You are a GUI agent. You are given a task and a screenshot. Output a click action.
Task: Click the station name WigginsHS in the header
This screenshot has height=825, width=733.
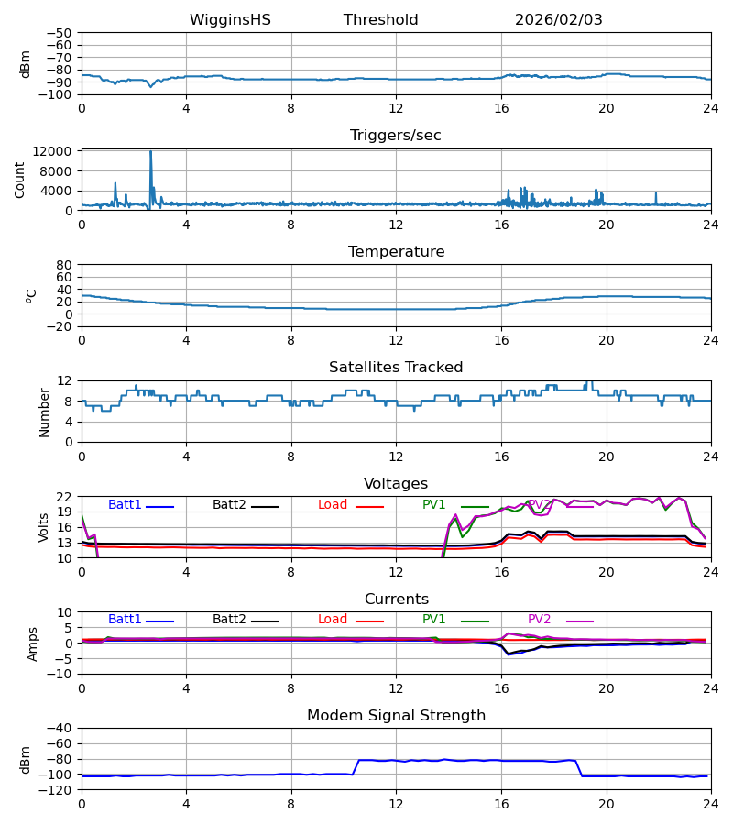230,20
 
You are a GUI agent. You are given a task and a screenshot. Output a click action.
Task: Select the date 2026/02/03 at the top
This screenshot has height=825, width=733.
558,20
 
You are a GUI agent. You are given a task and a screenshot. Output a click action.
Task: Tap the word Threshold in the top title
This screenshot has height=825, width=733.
380,20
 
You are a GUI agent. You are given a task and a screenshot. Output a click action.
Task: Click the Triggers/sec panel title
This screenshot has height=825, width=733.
396,136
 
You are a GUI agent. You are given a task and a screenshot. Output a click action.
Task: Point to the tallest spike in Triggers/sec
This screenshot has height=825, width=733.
150,153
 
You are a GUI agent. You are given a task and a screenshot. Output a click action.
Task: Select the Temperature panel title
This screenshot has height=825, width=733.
396,252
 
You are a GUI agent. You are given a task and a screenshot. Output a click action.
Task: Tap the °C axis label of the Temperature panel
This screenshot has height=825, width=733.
31,295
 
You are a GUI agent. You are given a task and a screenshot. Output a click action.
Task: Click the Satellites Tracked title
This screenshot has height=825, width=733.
396,368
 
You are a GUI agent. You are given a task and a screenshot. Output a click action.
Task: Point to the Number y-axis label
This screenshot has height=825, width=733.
45,412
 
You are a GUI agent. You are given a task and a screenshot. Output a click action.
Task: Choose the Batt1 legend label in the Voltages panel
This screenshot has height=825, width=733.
125,505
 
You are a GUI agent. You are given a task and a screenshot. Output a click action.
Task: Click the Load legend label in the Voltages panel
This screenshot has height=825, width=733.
333,505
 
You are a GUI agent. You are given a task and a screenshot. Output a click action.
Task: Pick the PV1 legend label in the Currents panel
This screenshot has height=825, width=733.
434,620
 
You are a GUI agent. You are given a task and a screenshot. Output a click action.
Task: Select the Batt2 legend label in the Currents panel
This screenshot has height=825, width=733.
229,620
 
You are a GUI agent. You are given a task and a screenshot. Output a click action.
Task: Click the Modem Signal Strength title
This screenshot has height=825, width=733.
396,716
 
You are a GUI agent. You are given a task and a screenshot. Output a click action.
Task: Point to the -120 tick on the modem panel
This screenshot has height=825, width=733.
58,790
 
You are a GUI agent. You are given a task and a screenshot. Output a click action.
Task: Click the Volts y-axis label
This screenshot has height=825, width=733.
44,527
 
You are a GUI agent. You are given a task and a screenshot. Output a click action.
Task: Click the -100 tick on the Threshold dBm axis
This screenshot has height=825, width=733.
58,94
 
